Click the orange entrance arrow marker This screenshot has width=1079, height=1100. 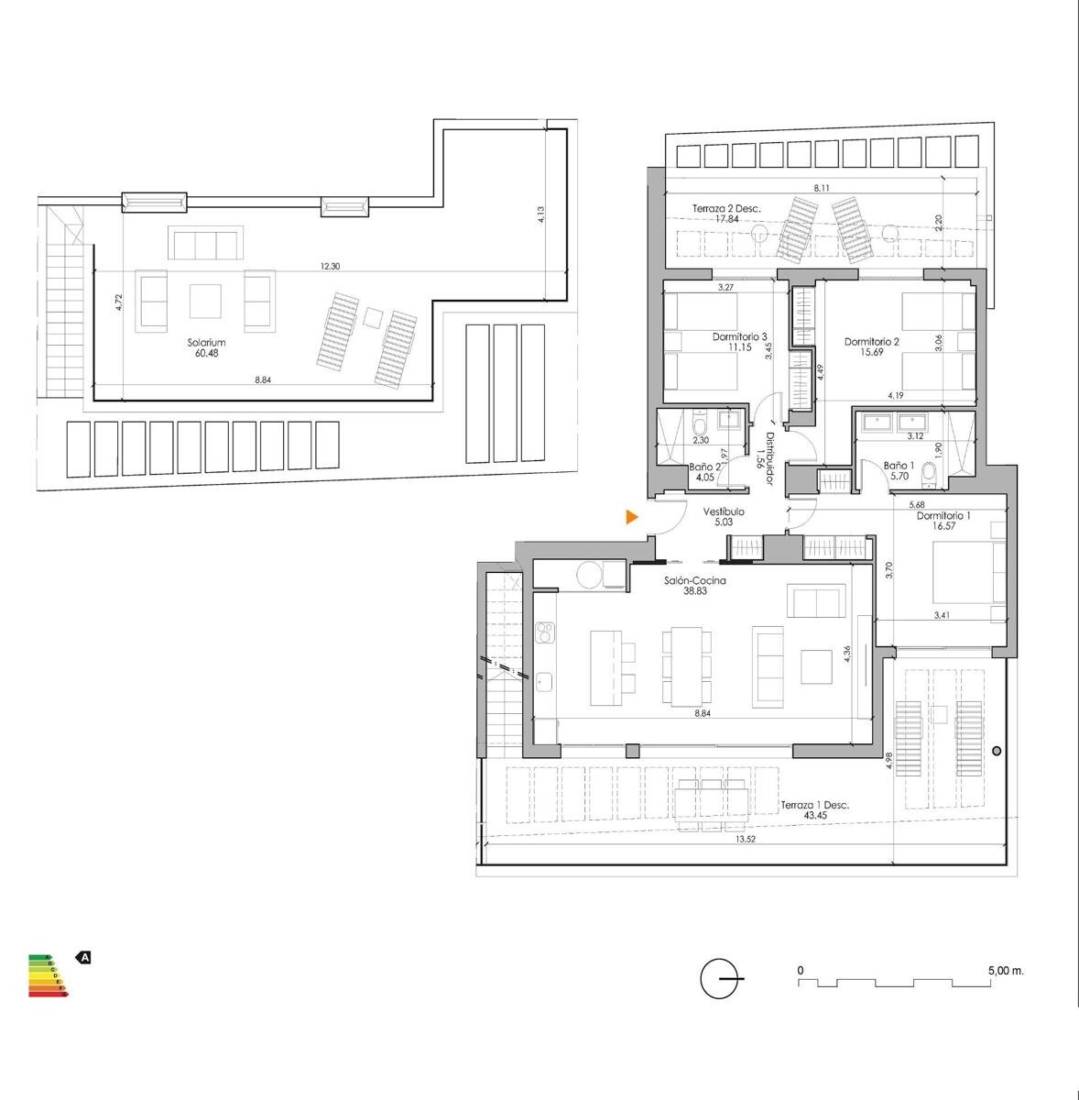coord(631,518)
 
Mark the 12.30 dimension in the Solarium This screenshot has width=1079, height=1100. coord(329,267)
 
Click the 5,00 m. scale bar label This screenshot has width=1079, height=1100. coord(1006,970)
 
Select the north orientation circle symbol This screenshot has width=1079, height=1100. coord(720,979)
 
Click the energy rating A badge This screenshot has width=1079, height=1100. coord(83,958)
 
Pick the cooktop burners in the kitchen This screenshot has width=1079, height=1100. coord(546,632)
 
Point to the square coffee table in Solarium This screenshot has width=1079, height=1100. coord(205,301)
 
